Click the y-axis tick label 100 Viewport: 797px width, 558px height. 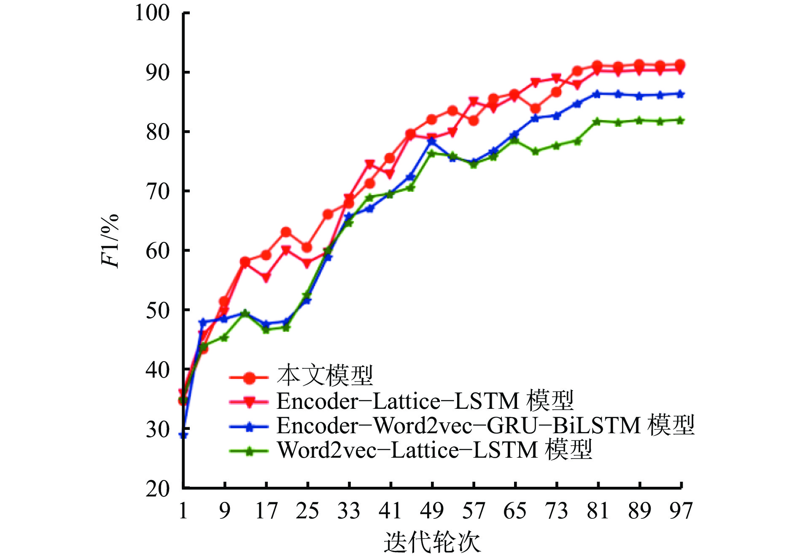[152, 13]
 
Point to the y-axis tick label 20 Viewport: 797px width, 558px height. [158, 489]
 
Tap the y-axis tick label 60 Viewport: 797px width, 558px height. [158, 251]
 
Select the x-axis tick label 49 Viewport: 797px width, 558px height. [432, 511]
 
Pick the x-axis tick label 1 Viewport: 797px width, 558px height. [183, 511]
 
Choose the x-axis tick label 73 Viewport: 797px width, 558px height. [557, 511]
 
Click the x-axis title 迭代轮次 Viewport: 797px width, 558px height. [432, 542]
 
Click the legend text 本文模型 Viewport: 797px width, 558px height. [325, 376]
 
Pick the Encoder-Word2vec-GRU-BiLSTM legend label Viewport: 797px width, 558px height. [485, 426]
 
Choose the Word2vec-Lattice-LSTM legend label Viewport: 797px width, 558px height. [434, 450]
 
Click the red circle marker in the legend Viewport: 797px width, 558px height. [249, 378]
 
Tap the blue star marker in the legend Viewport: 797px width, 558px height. [249, 427]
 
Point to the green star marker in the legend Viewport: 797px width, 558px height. [249, 451]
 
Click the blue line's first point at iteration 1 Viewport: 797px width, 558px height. [183, 435]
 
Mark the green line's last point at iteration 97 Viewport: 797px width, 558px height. [680, 121]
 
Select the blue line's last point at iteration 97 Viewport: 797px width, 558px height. [680, 94]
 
